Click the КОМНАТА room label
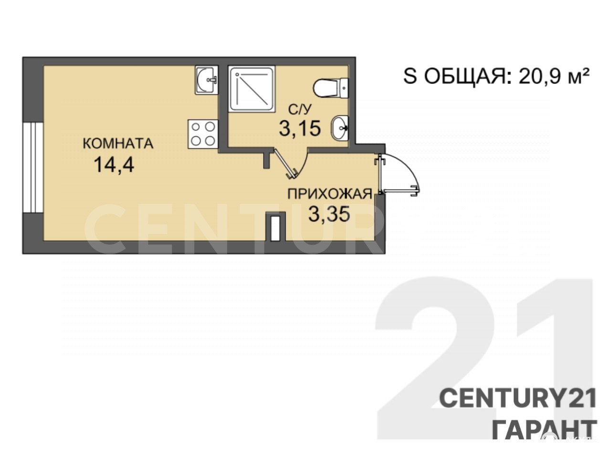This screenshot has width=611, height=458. click(118, 144)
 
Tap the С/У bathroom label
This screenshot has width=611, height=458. click(299, 109)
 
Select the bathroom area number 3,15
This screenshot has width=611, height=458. click(300, 128)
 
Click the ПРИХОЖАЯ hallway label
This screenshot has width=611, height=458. click(329, 194)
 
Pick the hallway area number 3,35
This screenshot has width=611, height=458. click(329, 214)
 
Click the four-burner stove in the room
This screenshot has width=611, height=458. click(203, 134)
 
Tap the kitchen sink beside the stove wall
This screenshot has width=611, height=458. click(206, 80)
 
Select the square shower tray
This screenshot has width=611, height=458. click(252, 89)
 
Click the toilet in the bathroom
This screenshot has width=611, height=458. click(331, 88)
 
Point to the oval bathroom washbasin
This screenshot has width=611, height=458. click(339, 128)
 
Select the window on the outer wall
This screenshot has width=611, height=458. click(33, 167)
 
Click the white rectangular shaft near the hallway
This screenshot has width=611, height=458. click(275, 226)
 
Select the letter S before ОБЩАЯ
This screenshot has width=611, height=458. click(411, 77)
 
